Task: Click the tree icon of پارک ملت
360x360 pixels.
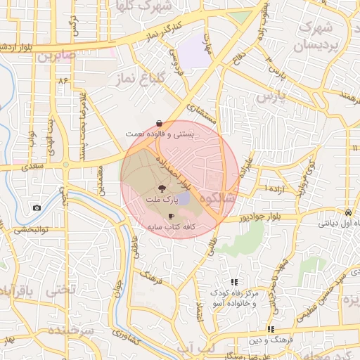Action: [162, 188]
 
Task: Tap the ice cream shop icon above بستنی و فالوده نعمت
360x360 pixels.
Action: [161, 123]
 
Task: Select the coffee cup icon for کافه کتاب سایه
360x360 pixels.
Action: [171, 217]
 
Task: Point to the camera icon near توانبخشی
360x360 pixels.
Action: [37, 208]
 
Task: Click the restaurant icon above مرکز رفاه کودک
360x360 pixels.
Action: [234, 282]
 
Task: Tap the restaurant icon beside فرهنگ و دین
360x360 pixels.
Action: [270, 329]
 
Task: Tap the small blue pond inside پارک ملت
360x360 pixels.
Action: [183, 200]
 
